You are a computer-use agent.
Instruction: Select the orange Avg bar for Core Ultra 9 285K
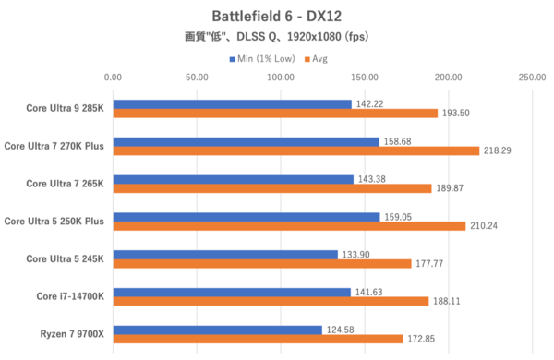[x=275, y=114]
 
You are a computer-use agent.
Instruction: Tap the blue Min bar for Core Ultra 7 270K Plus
[x=246, y=141]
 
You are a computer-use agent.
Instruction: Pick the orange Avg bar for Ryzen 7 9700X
[x=258, y=339]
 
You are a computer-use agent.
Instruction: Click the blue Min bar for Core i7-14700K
[x=232, y=292]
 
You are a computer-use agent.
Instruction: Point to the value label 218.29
[x=499, y=150]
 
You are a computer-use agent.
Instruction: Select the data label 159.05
[x=399, y=217]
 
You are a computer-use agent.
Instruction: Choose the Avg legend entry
[x=315, y=58]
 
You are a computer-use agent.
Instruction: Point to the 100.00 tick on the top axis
[x=281, y=78]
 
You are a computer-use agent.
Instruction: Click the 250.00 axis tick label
[x=532, y=78]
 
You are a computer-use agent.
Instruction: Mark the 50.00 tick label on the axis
[x=197, y=78]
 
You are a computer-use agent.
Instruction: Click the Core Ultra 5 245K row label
[x=65, y=258]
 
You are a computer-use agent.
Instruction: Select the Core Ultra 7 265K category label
[x=65, y=183]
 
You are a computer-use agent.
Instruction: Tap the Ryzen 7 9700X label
[x=71, y=333]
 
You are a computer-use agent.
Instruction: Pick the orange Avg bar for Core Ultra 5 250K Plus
[x=289, y=226]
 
